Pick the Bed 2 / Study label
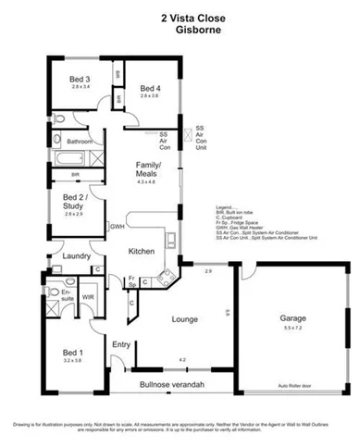tap(76, 204)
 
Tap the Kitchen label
tap(140, 251)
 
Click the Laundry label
tap(74, 256)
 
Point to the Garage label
tap(292, 319)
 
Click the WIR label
tap(89, 297)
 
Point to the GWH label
tap(118, 225)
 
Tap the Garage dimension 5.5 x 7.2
tap(292, 329)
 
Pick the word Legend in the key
tap(222, 207)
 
